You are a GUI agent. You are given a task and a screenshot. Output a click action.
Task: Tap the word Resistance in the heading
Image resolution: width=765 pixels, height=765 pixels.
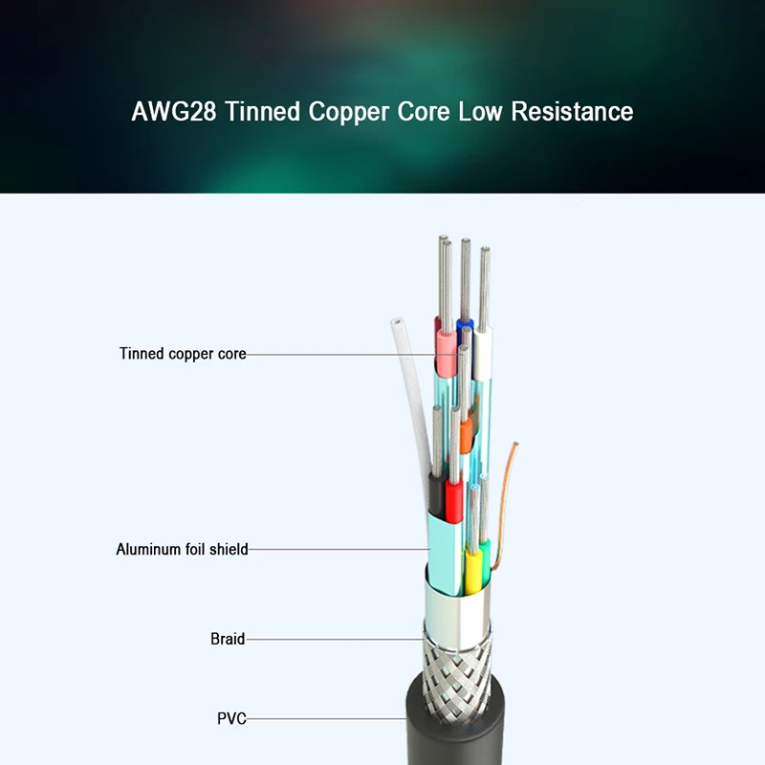572,112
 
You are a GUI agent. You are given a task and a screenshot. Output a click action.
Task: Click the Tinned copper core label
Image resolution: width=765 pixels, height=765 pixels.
183,354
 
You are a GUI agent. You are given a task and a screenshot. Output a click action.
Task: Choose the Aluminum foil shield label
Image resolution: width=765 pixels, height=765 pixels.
182,550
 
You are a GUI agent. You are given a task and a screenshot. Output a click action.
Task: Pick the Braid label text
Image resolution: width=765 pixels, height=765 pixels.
228,638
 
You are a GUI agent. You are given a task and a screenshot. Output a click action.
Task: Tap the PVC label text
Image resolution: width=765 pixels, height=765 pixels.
231,717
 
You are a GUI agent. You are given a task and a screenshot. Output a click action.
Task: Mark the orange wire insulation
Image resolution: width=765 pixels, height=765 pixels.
466,435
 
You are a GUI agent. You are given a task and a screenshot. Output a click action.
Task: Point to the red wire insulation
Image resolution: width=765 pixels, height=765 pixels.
453,501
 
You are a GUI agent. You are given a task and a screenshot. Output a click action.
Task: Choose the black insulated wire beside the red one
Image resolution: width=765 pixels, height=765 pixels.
436,495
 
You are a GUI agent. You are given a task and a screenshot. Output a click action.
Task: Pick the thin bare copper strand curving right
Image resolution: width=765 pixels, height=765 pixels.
509,478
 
